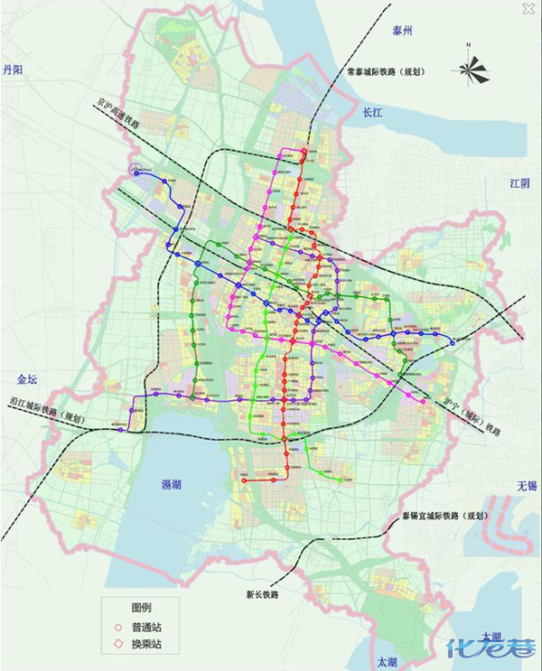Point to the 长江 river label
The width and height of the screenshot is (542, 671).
coord(373,114)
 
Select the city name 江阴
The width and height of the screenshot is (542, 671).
coord(520,183)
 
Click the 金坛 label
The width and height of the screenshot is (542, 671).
coord(29,379)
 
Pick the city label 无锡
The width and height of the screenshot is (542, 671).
coord(526,486)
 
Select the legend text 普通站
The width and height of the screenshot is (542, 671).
coord(147,627)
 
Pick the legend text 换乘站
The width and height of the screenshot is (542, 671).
coord(147,645)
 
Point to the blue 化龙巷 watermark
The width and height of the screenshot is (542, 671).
coord(492,648)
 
